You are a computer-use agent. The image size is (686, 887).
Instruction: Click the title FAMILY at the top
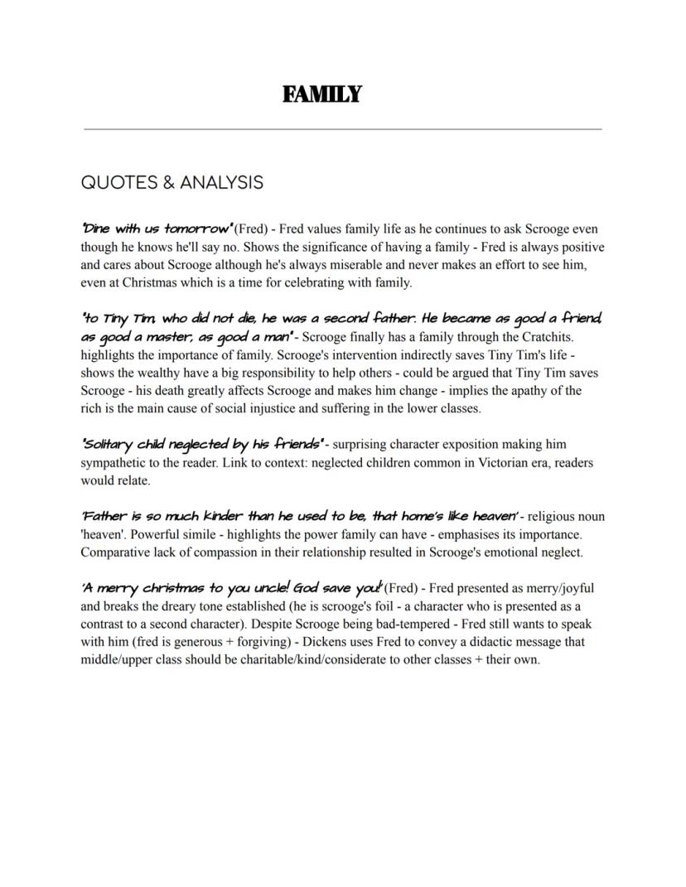(x=321, y=94)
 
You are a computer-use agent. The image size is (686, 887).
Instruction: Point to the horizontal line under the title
(x=343, y=129)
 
